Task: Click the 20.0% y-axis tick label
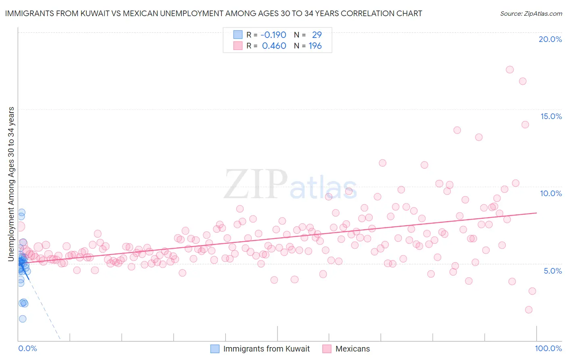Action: tap(550, 39)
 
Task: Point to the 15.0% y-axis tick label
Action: tap(551, 116)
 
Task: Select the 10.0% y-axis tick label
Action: tap(551, 193)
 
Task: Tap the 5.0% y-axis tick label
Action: tap(552, 271)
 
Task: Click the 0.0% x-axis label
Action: tap(27, 348)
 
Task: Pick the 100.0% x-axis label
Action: tap(548, 348)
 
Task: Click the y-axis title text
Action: tap(11, 184)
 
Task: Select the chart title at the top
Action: tap(213, 13)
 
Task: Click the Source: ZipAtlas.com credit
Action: tap(531, 13)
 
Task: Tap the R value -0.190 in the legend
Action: tap(273, 35)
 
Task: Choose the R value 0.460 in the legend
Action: tap(274, 46)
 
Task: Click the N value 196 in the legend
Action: tap(315, 46)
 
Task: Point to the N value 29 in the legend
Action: tap(317, 35)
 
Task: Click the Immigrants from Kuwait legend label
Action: tap(267, 349)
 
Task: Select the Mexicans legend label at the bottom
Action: tap(352, 349)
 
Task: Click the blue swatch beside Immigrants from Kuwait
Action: tap(215, 349)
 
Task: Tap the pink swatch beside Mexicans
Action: tap(327, 349)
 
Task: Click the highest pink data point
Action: tap(510, 69)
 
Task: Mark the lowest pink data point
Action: tap(529, 310)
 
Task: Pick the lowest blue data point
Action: tap(23, 319)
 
